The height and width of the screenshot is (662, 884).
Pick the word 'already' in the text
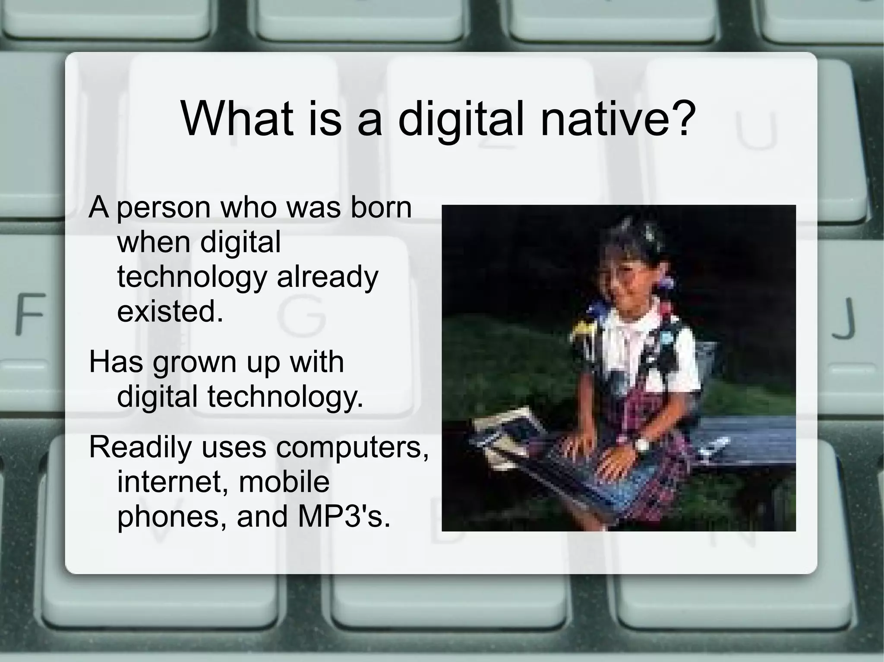[327, 277]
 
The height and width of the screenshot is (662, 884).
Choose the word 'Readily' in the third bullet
[140, 447]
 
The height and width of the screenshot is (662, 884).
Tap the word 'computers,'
[352, 447]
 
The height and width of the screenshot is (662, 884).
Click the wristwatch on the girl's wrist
[641, 444]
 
